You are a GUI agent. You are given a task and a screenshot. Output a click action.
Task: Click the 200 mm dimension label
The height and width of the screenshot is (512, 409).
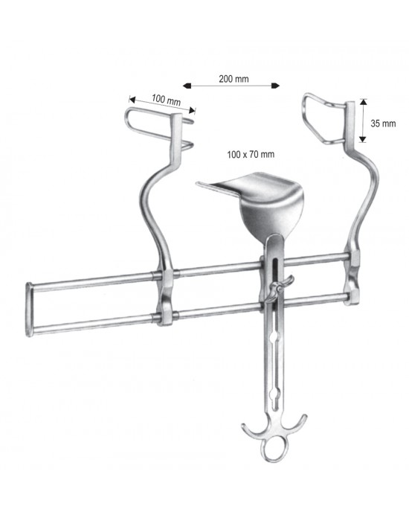coord(234,79)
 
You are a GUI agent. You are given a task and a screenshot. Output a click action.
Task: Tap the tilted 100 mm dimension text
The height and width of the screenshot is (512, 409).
coord(166,100)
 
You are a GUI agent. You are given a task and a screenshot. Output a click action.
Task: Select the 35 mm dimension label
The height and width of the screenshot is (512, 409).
coord(383,124)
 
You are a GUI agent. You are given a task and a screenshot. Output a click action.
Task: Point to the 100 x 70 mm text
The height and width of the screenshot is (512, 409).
coord(251,154)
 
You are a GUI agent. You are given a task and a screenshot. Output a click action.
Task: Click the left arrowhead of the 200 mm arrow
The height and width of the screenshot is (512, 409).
coord(187,86)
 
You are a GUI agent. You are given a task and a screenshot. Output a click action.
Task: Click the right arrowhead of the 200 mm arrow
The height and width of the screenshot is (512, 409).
coord(275,86)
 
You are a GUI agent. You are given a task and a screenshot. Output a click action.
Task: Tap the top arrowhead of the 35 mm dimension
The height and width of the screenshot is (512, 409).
coord(363,102)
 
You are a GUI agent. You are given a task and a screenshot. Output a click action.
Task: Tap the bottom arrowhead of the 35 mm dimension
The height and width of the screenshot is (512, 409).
coord(363,139)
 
